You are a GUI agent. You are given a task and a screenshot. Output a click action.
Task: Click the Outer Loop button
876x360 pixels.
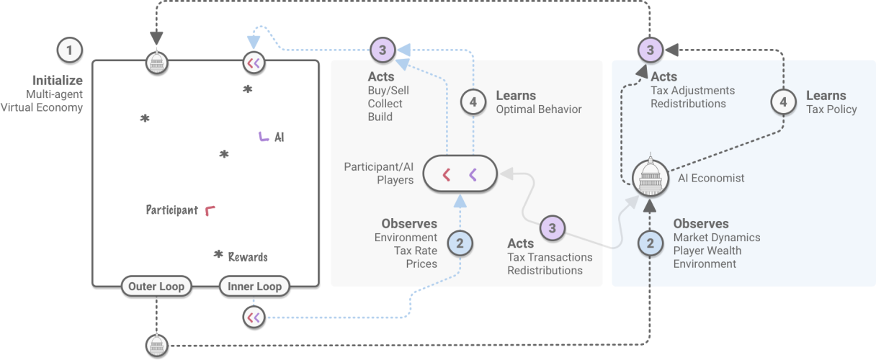156,287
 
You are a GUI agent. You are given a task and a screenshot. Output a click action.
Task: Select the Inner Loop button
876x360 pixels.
254,287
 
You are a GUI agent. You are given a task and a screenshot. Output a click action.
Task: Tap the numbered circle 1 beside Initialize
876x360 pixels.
69,50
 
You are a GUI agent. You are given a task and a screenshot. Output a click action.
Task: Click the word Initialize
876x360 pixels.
57,81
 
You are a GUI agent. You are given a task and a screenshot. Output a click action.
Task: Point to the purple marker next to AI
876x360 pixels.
264,136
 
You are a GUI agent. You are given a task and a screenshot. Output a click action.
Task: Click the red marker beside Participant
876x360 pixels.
210,210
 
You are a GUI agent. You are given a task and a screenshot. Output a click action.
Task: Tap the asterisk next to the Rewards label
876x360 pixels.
218,255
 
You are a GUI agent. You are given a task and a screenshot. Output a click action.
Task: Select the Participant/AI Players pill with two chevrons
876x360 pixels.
460,174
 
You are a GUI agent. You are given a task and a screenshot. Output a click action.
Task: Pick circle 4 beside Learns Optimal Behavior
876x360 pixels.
473,102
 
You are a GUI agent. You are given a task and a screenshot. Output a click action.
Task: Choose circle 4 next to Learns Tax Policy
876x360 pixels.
783,102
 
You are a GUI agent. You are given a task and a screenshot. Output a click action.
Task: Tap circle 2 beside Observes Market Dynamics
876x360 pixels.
651,243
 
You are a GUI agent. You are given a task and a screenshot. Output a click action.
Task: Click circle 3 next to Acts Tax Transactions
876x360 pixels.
553,228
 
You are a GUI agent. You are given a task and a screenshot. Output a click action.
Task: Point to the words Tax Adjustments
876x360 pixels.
692,91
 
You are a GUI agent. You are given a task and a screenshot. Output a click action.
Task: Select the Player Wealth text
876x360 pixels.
707,251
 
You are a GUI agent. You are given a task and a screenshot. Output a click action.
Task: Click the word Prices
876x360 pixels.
421,264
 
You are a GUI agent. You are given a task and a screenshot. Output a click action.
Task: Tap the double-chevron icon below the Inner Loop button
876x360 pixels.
254,316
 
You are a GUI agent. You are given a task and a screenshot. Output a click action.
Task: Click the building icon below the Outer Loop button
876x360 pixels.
156,345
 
